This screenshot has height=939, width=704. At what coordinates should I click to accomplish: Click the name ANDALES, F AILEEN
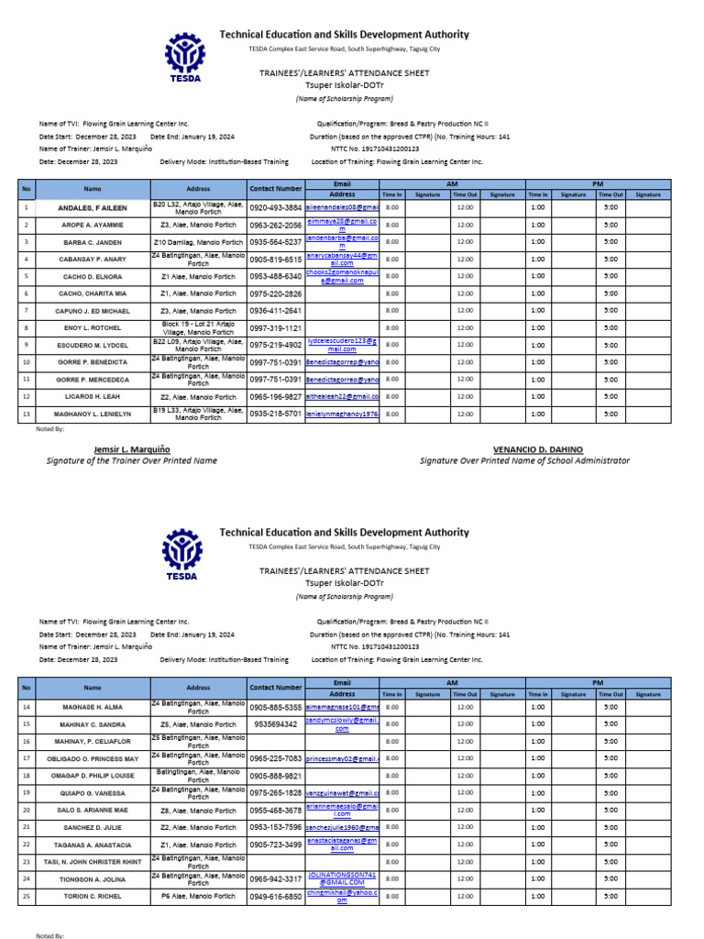click(93, 208)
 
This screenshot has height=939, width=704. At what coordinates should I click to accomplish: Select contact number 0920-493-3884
click(275, 208)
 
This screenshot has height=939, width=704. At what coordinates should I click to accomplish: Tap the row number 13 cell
click(27, 414)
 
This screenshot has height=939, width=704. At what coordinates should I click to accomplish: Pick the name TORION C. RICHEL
click(93, 896)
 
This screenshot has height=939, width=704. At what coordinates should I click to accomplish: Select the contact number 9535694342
click(275, 724)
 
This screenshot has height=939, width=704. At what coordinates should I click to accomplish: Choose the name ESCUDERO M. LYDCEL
click(93, 345)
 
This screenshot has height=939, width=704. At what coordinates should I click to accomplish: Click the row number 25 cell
click(27, 896)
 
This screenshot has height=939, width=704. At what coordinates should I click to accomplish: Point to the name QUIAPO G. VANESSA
click(93, 792)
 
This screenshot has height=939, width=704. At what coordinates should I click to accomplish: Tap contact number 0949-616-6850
click(275, 896)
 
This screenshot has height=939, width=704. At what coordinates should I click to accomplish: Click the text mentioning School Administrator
click(524, 460)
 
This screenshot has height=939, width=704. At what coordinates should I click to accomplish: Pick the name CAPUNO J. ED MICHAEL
click(93, 311)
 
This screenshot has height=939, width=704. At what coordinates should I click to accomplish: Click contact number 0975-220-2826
click(275, 293)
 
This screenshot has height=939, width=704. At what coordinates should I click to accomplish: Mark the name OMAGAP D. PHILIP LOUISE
click(93, 776)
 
